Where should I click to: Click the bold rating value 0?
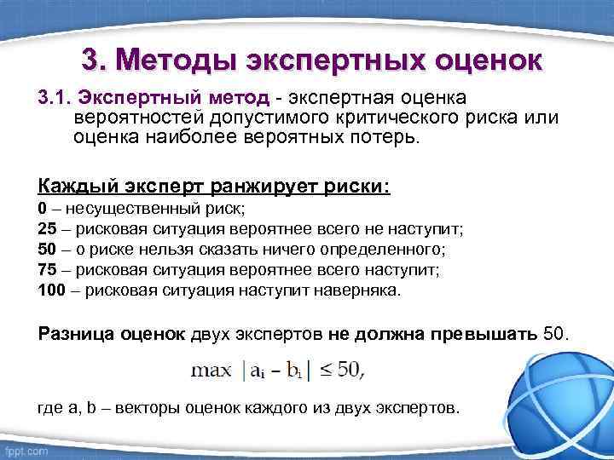pyautogui.click(x=43, y=209)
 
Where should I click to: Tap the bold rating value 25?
pyautogui.click(x=48, y=229)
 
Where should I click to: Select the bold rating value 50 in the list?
pyautogui.click(x=48, y=250)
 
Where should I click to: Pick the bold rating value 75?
pyautogui.click(x=48, y=270)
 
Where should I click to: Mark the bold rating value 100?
pyautogui.click(x=52, y=290)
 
